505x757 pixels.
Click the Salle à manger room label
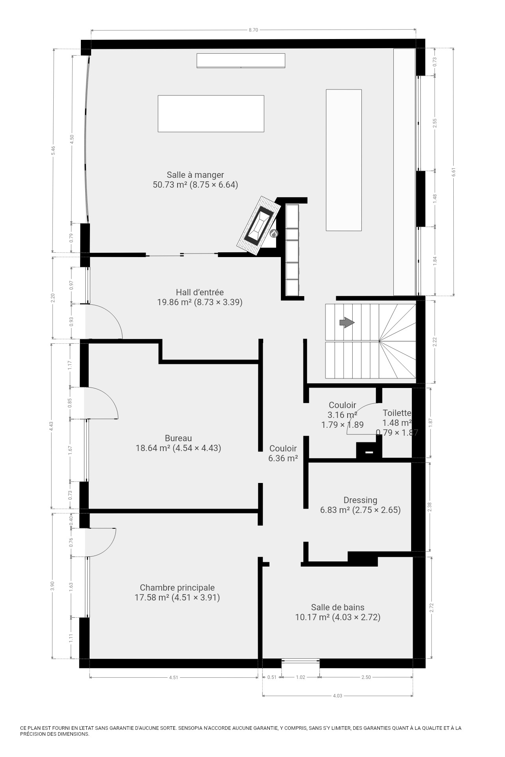195,179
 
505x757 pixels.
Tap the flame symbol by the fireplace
274,234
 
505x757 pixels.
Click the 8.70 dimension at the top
253,30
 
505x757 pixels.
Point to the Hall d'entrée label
200,297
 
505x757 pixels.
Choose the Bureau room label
178,443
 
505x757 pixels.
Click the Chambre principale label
177,593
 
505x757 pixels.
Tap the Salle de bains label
338,612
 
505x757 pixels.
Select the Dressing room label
360,505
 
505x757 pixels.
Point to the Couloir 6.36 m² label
283,453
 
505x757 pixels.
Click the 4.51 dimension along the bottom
174,678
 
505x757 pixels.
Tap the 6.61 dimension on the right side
453,172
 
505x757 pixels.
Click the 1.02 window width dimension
301,677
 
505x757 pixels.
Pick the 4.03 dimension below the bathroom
338,696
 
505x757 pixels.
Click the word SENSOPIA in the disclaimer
191,728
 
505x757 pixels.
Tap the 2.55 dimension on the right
435,123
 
